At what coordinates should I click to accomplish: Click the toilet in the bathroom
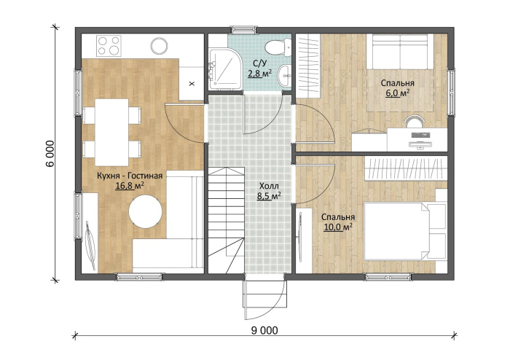[x=278, y=47]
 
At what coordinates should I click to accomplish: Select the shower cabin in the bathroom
[x=225, y=69]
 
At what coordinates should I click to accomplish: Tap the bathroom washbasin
[x=285, y=76]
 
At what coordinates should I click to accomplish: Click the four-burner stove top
[x=109, y=45]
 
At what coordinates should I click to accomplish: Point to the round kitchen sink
[x=159, y=46]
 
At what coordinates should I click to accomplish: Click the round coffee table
[x=146, y=211]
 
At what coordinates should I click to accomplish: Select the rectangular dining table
[x=111, y=133]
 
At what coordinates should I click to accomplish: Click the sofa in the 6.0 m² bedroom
[x=400, y=51]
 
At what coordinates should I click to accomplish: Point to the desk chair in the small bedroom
[x=415, y=121]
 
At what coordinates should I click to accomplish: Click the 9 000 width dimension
[x=264, y=330]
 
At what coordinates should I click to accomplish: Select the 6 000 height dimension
[x=50, y=154]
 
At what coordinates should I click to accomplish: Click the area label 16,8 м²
[x=130, y=186]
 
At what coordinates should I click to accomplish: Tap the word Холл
[x=269, y=187]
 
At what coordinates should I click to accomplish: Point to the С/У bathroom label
[x=259, y=64]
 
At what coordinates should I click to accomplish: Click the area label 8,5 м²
[x=269, y=196]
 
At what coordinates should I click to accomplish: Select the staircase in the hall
[x=226, y=221]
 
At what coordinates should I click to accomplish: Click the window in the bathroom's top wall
[x=243, y=30]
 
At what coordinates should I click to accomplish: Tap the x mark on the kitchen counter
[x=192, y=84]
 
